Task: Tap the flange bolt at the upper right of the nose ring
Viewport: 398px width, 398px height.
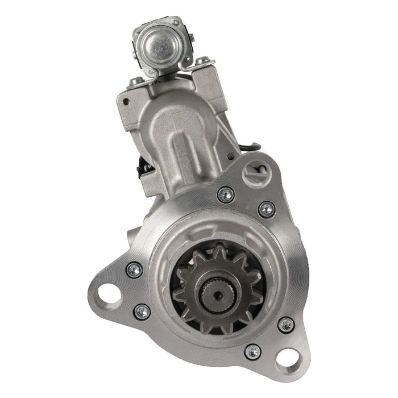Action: tap(266, 209)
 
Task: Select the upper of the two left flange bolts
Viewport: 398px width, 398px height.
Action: tap(134, 270)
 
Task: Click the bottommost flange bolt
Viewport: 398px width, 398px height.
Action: tap(253, 353)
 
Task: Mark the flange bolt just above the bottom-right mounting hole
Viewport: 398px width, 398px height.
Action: tap(286, 325)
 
